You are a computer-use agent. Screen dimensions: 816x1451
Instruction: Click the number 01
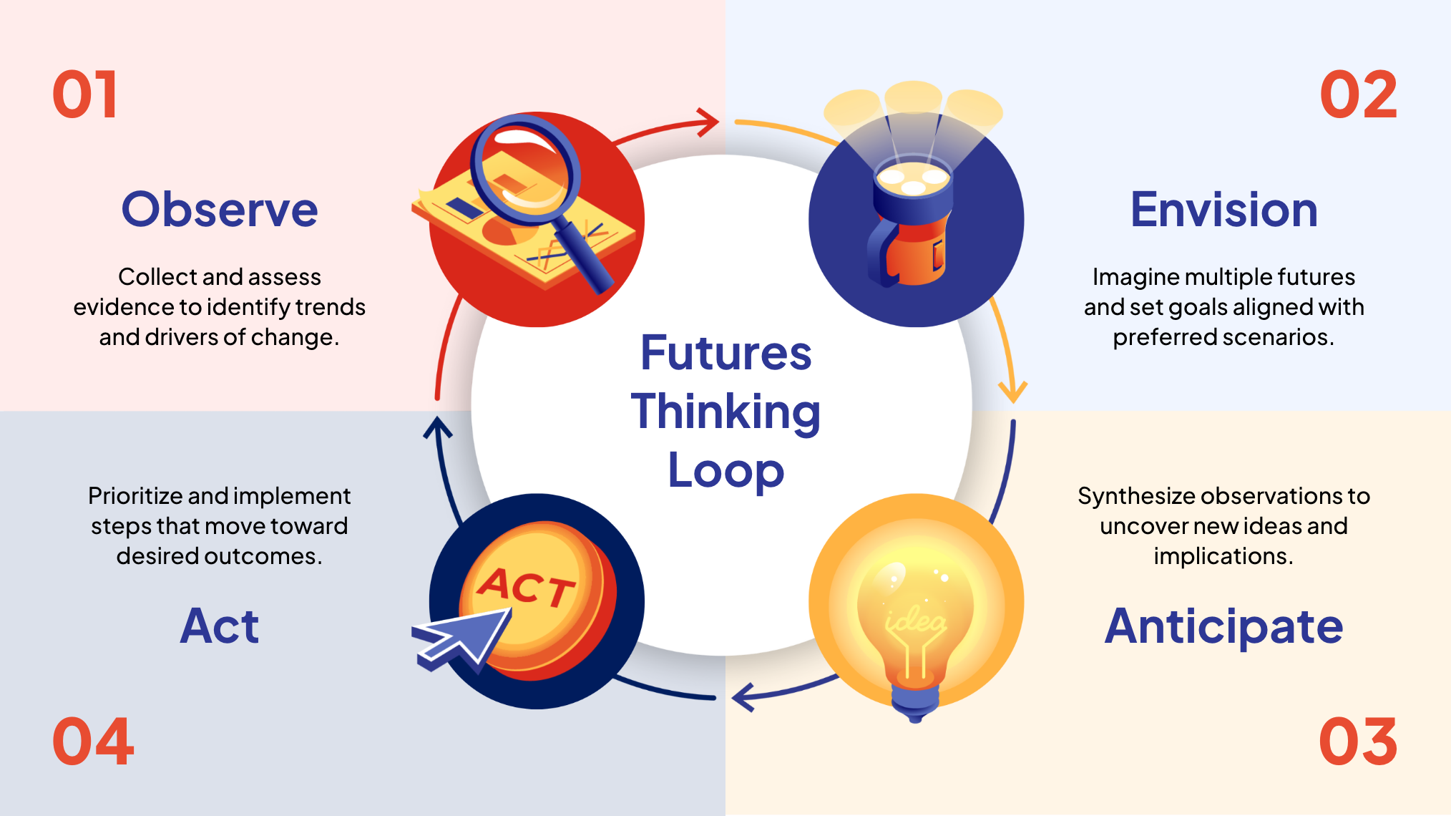(85, 95)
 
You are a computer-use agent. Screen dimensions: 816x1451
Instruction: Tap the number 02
(1357, 95)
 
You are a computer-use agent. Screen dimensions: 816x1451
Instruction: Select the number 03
(1357, 742)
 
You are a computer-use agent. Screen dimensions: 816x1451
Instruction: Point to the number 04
(93, 742)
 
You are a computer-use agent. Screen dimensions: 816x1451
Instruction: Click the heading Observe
(220, 210)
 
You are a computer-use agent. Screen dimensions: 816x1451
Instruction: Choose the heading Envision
(1223, 210)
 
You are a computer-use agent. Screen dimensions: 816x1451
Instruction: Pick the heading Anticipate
(1223, 626)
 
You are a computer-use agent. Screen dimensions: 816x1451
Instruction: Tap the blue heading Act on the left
(219, 626)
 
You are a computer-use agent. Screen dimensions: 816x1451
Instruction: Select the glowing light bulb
(914, 616)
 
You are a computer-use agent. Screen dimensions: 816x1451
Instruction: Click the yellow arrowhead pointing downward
(1012, 392)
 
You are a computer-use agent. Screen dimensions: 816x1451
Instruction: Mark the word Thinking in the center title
(725, 412)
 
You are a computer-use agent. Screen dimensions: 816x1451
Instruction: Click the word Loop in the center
(725, 471)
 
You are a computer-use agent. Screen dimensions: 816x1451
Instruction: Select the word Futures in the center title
(725, 353)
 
